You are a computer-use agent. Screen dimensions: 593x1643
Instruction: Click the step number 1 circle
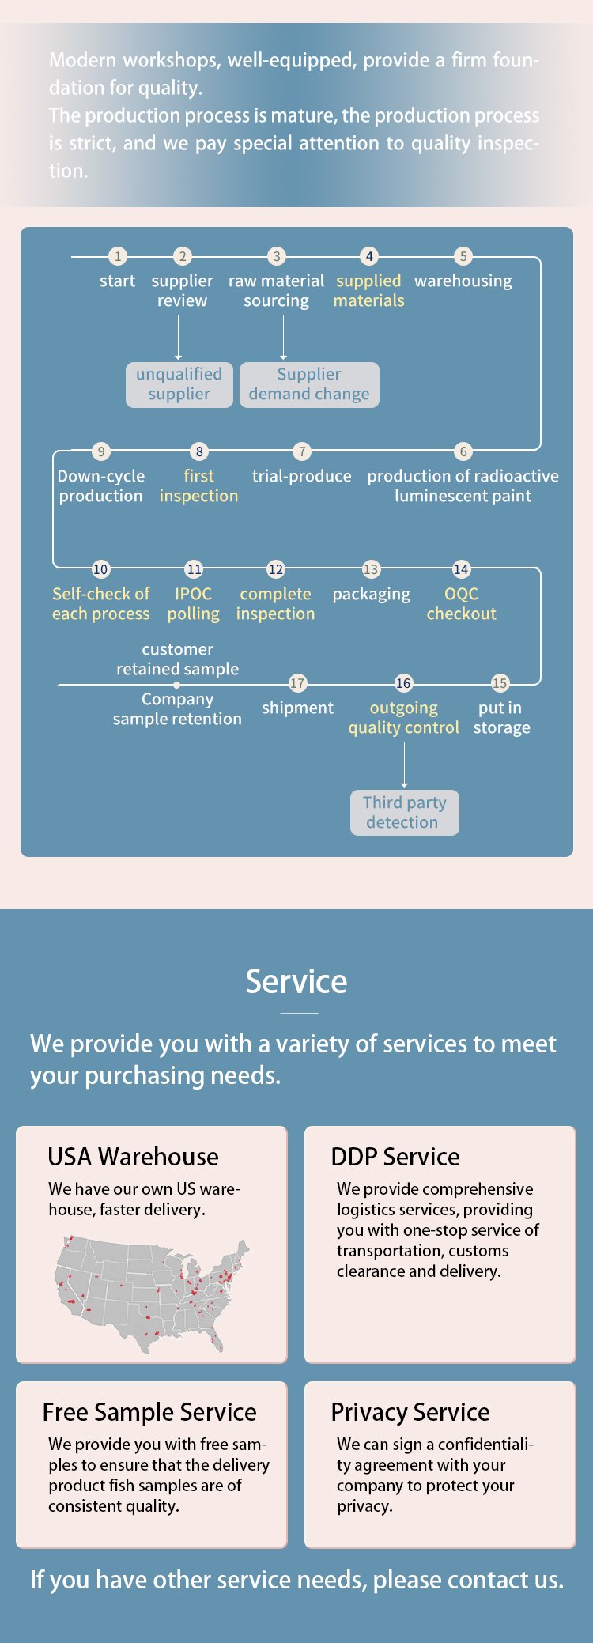coord(118,256)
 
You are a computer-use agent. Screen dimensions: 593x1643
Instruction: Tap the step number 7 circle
coord(301,451)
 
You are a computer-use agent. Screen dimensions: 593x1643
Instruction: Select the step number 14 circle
coord(461,569)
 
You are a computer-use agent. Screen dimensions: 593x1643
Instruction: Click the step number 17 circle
coord(297,683)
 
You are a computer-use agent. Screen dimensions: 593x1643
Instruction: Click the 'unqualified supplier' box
coord(179,385)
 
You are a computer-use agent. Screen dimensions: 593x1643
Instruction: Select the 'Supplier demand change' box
coord(309,385)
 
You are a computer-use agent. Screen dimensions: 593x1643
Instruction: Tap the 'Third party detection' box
coord(405,813)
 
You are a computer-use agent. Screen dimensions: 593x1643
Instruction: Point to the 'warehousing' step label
coord(463,281)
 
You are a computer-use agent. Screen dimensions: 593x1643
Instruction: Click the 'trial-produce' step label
coord(302,476)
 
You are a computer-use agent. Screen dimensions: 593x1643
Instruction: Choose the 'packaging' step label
coord(372,595)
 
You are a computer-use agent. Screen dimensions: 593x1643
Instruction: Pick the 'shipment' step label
coord(297,708)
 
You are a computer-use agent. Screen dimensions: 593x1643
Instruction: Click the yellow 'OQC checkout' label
coord(462,603)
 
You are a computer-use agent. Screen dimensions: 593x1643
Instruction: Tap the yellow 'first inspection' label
coord(198,485)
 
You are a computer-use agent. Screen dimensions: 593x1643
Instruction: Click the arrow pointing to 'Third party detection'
coord(404,765)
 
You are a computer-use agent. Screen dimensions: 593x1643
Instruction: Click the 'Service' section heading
coord(296,981)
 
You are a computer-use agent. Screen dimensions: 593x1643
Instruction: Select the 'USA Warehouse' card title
coord(133,1157)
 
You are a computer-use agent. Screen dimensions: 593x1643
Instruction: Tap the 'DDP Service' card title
coord(395,1157)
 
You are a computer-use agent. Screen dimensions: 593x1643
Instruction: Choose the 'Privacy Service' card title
coord(410,1412)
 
